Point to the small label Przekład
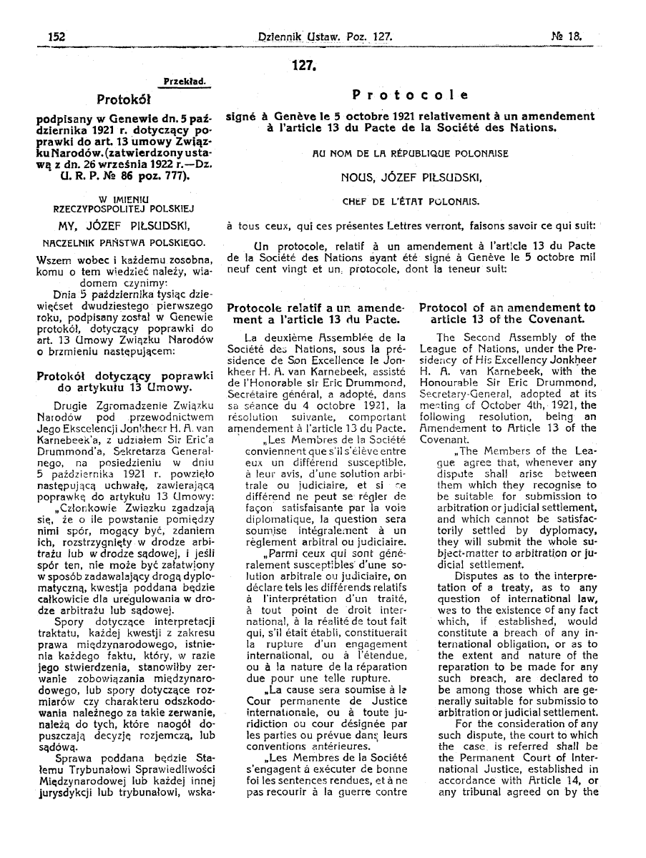coord(185,82)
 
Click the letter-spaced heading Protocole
coord(411,95)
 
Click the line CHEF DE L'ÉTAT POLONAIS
coord(411,201)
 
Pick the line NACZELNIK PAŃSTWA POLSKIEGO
coord(124,242)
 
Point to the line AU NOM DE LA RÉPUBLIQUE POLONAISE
coord(411,152)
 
